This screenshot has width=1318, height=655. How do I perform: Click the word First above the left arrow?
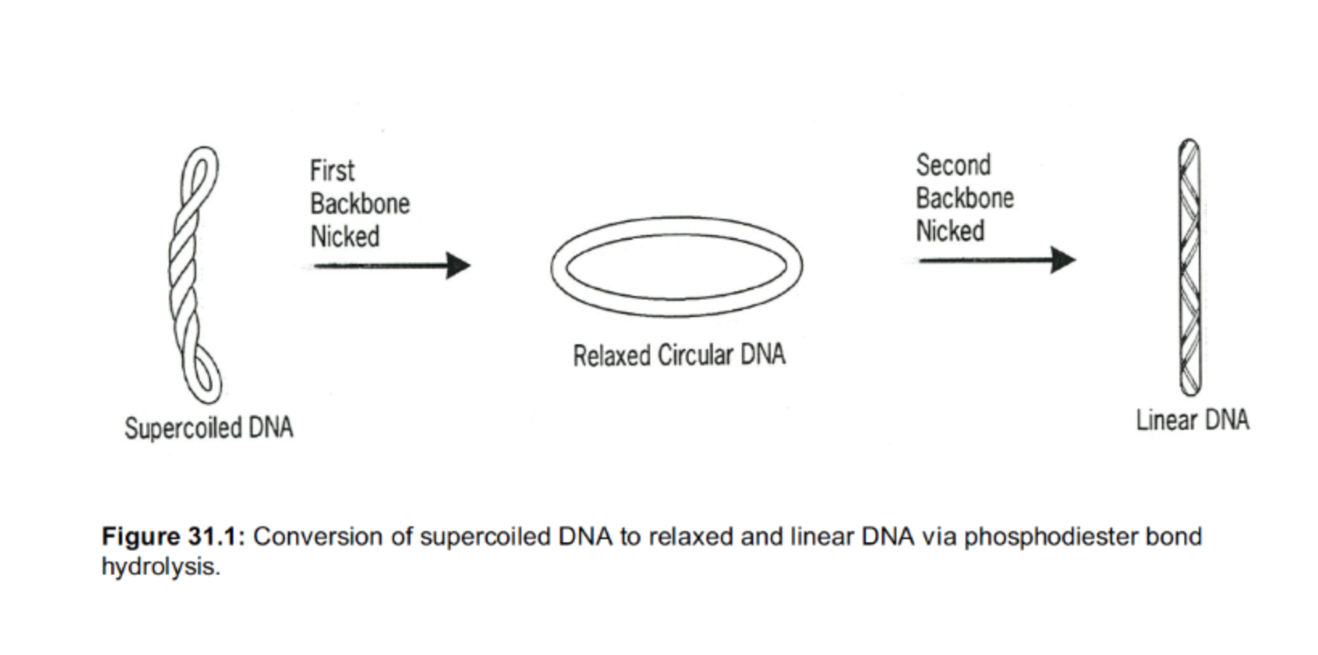[332, 171]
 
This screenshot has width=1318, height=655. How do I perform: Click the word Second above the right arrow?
[953, 165]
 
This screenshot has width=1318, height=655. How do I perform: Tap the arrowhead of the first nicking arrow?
[458, 266]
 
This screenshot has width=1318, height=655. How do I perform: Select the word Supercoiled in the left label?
[183, 427]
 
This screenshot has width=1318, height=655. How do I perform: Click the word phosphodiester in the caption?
[1050, 537]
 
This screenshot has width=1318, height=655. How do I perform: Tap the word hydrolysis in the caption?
[159, 567]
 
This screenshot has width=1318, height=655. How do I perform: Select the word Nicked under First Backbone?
[344, 237]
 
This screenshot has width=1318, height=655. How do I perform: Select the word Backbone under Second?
[964, 198]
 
